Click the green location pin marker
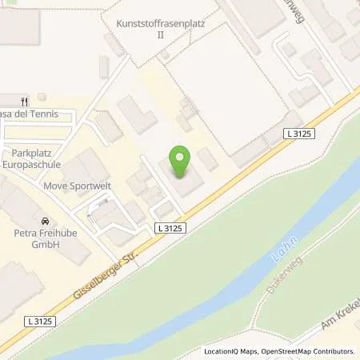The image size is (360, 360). tap(181, 162)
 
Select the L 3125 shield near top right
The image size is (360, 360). tap(301, 137)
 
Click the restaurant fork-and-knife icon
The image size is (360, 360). tap(25, 101)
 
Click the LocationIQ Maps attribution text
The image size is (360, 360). tap(232, 351)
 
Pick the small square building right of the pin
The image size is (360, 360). tap(207, 159)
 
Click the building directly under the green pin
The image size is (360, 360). tap(183, 182)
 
